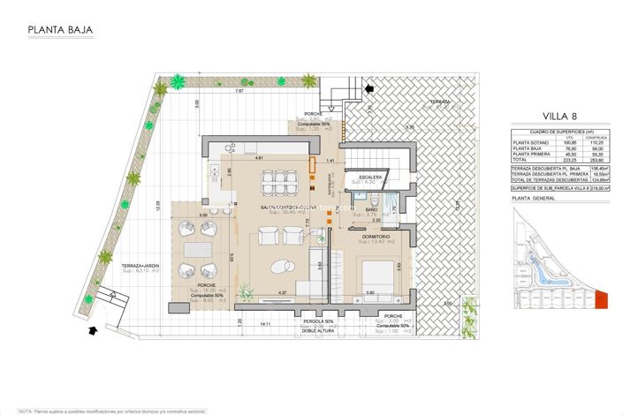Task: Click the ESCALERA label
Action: tap(370, 177)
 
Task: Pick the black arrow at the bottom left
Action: tap(95, 331)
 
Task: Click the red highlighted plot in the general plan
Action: tap(602, 300)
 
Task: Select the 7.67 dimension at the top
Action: tap(239, 91)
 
